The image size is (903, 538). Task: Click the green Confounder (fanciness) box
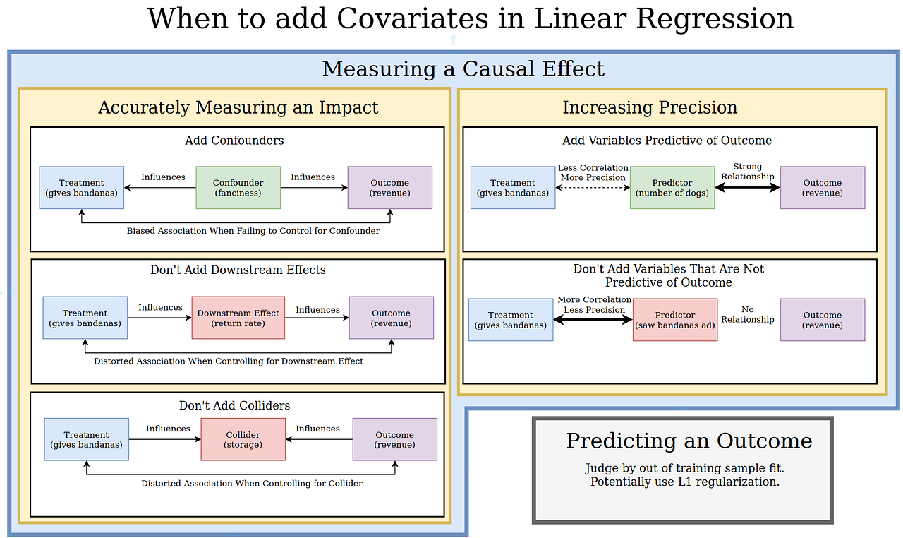pos(238,188)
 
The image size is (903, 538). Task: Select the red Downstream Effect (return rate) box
pos(238,318)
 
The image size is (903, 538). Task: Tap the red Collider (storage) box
pos(243,439)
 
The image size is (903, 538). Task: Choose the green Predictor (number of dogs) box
pos(672,188)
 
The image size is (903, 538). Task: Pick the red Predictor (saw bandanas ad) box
pos(674,320)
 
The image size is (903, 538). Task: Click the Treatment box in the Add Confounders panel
pos(81,188)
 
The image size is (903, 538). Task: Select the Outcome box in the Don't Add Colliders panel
pos(394,439)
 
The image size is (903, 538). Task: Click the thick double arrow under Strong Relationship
pos(747,188)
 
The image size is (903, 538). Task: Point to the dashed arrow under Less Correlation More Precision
pos(593,188)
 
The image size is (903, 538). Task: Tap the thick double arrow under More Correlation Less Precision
pos(593,320)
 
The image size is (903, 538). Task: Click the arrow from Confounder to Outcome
pos(313,188)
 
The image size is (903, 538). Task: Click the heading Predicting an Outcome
pos(689,441)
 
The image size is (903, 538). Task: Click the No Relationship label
pos(747,314)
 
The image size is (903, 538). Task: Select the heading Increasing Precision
pos(650,107)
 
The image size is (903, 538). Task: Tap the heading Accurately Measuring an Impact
pos(238,107)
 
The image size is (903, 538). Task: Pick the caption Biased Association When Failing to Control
pos(253,231)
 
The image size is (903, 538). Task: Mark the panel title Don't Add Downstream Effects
pos(238,270)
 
